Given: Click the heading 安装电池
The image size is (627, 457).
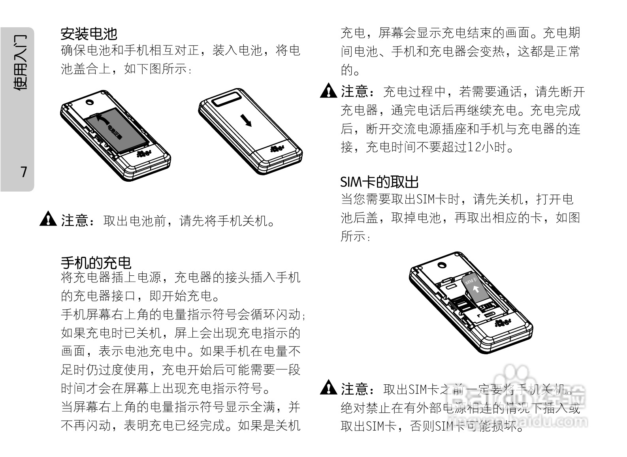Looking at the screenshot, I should coord(89,34).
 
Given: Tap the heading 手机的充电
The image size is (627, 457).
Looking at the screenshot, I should coord(96,263).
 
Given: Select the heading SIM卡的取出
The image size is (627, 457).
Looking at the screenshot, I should coord(379,182).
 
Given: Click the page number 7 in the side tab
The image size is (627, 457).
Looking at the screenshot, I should coord(24,172).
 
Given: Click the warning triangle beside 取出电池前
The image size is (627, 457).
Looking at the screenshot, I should coord(48,219).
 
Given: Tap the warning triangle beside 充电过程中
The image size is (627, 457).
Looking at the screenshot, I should coord(328,91).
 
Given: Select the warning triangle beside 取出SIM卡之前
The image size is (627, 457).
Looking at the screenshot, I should coord(328,388).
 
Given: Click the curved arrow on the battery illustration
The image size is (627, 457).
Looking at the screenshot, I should coord(104,119).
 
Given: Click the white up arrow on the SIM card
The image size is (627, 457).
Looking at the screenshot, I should coord(476,289).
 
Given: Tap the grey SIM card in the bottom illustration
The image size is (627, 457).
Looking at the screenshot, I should coord(474,286).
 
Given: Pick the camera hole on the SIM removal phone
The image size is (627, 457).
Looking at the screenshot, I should coord(442,264).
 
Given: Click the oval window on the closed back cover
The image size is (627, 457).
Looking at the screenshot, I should coord(227,99).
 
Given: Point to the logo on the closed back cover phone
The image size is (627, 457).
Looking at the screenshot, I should coord(277,149).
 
